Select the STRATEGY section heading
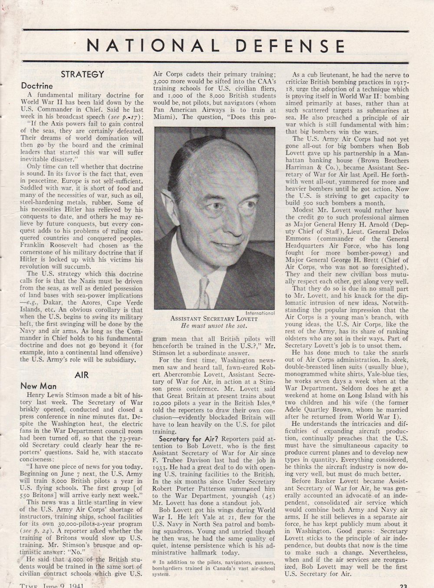82,74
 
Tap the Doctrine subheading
37,86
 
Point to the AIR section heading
82,375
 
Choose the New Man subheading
38,386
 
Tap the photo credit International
260,313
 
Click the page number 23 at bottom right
403,586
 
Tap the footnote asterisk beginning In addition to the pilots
155,562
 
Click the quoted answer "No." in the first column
75,552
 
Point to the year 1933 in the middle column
161,467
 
